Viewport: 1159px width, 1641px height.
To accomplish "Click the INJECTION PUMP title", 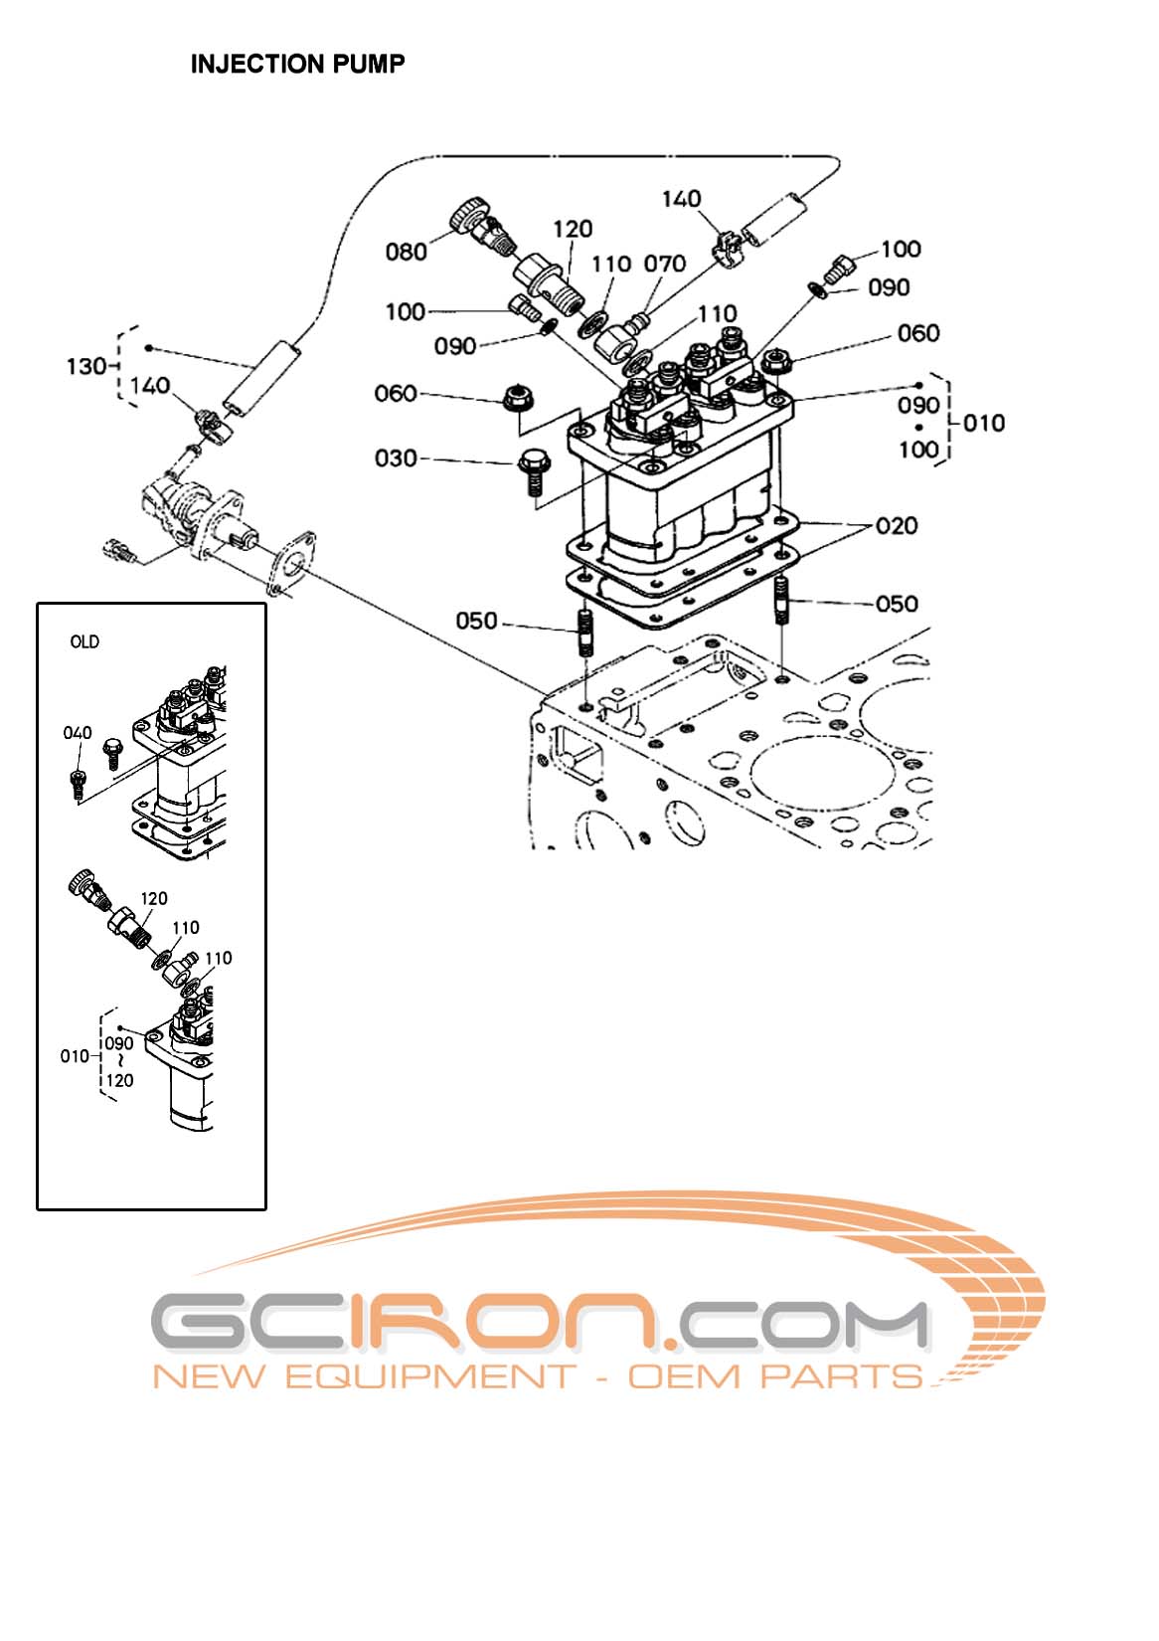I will pyautogui.click(x=297, y=65).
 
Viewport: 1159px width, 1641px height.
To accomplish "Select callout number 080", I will pyautogui.click(x=406, y=252).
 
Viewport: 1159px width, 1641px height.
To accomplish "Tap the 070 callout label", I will pyautogui.click(x=664, y=264).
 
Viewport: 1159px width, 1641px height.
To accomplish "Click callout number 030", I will pyautogui.click(x=395, y=458).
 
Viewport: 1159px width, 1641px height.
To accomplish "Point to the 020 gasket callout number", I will pyautogui.click(x=896, y=525).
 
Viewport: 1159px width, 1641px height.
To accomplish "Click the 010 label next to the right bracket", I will pyautogui.click(x=983, y=423).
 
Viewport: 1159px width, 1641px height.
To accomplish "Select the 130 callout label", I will pyautogui.click(x=86, y=366).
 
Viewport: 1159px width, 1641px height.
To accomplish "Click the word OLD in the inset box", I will pyautogui.click(x=84, y=642).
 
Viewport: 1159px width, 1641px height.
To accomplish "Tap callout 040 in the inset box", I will pyautogui.click(x=78, y=733).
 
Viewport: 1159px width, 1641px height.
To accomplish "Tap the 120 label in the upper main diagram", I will pyautogui.click(x=573, y=230).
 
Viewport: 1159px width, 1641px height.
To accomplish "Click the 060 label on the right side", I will pyautogui.click(x=917, y=333).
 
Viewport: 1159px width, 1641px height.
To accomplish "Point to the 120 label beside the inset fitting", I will pyautogui.click(x=153, y=898).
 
